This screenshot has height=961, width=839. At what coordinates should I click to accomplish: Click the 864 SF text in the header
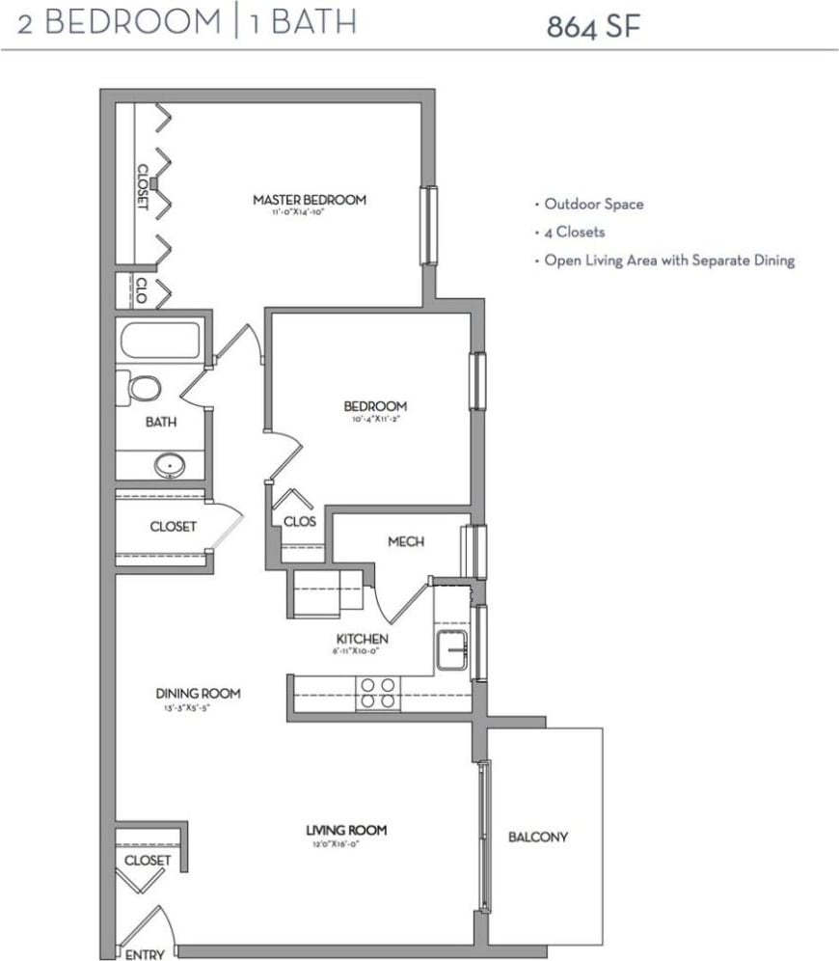(593, 26)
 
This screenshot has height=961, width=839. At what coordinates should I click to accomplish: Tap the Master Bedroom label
(310, 200)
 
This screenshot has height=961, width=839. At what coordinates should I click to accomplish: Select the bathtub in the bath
(160, 341)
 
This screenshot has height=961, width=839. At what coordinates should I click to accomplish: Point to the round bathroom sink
(172, 466)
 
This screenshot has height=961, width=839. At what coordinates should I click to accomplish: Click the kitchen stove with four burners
(378, 694)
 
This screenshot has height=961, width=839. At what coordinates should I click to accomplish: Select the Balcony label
(538, 837)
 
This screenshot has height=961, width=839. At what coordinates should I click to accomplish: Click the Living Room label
(346, 829)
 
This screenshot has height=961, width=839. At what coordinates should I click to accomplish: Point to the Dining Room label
(198, 693)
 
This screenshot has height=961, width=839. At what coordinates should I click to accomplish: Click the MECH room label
(406, 541)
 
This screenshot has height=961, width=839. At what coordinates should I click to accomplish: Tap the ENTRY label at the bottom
(145, 954)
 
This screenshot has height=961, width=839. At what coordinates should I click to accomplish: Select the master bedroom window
(427, 225)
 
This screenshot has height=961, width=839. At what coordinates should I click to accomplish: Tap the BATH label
(160, 422)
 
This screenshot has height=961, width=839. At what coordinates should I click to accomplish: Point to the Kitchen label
(362, 639)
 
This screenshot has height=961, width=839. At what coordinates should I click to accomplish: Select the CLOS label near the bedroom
(300, 521)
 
